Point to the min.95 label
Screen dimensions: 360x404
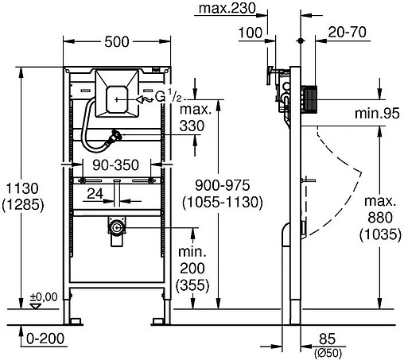pyautogui.click(x=378, y=113)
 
